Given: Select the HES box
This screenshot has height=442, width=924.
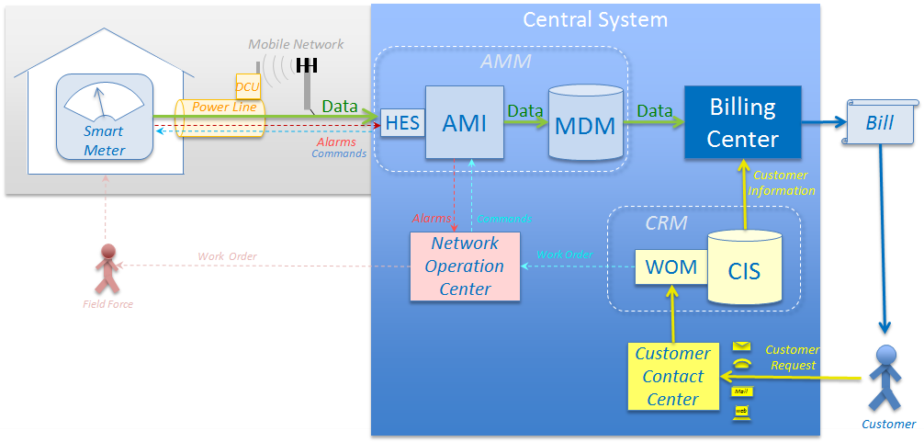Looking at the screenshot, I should [402, 122].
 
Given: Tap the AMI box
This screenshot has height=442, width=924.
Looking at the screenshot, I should [464, 122].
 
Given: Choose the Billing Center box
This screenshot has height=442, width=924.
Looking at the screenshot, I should [742, 122].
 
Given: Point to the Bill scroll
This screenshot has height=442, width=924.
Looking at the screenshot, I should [879, 122].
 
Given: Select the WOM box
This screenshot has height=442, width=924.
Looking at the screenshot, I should [670, 267].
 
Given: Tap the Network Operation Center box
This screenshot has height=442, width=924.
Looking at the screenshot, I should [464, 266].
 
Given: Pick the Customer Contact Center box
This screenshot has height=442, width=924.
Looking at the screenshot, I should [672, 376].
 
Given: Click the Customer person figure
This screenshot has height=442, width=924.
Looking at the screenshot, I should [885, 377].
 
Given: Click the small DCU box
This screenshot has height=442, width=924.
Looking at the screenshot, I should [247, 86].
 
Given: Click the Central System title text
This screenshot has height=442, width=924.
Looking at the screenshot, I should [595, 18].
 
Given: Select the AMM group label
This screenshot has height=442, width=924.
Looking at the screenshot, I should [506, 62].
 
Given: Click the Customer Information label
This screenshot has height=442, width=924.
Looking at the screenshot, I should [781, 183].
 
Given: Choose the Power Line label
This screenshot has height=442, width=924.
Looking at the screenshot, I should [223, 108].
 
